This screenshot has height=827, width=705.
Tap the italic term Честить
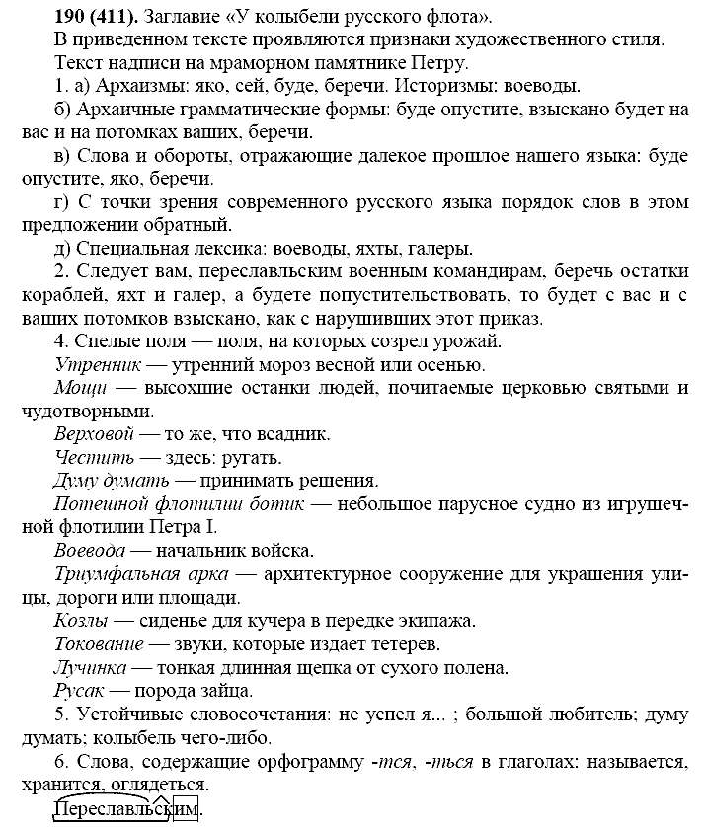pos(85,457)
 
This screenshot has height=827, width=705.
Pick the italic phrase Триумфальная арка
pos(141,573)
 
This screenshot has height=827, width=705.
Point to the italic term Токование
pos(96,643)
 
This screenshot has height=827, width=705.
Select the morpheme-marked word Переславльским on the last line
pos(127,809)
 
